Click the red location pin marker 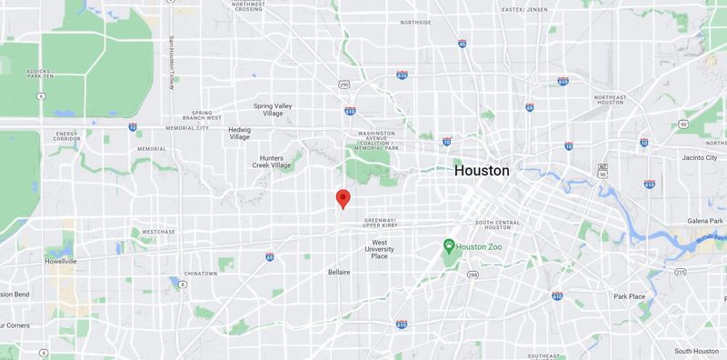click(x=342, y=198)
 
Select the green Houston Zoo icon click(x=448, y=246)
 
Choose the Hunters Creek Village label click(x=273, y=162)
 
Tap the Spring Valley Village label click(x=273, y=108)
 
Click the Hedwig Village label click(x=239, y=133)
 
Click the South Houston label click(x=696, y=351)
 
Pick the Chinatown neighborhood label click(x=199, y=273)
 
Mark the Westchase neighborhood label click(x=158, y=232)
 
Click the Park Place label click(x=628, y=296)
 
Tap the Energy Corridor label click(x=68, y=137)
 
